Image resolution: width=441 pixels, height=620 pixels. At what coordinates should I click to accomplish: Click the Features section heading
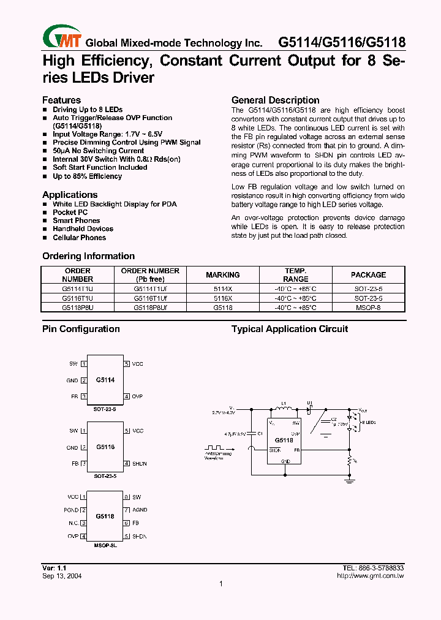tap(61, 100)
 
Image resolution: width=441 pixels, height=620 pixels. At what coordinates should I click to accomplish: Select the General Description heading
tap(275, 100)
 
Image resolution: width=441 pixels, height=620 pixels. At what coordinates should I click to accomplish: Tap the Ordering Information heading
tap(88, 256)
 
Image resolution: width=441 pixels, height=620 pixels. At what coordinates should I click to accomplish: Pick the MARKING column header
tap(223, 275)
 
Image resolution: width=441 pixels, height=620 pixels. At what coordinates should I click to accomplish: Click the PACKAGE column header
tap(368, 275)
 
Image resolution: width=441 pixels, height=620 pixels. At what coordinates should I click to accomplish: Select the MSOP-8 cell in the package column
tap(368, 308)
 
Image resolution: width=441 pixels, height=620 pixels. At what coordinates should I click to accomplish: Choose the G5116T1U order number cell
tap(78, 298)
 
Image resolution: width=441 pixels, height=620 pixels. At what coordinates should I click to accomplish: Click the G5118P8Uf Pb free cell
tap(150, 308)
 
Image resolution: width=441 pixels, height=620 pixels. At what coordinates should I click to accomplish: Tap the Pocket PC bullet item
tap(70, 212)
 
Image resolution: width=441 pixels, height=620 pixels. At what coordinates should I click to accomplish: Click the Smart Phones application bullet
tap(76, 221)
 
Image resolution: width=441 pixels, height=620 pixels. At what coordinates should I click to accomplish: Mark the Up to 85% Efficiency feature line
tap(87, 176)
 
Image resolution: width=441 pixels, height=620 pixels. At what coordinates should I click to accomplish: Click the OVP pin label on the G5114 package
tap(137, 397)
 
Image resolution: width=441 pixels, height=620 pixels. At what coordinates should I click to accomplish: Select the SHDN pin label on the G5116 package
tap(140, 464)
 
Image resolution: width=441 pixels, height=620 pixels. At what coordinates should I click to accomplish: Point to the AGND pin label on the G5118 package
tap(140, 510)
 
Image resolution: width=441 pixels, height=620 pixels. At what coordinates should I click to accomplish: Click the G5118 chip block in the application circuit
tap(284, 440)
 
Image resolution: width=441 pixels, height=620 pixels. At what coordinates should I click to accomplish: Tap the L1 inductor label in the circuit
tap(283, 404)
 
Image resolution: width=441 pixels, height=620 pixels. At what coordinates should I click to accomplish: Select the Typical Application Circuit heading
tap(290, 329)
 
